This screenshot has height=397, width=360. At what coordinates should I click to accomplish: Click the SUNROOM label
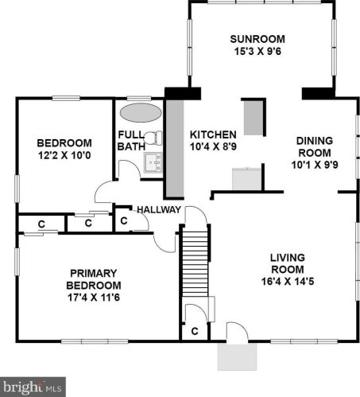point(257,39)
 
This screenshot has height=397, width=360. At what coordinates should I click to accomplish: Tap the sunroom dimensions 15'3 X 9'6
point(257,51)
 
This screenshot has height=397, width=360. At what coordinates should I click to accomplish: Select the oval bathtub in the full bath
point(141,113)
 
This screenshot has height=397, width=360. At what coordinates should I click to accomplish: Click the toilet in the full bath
point(153,138)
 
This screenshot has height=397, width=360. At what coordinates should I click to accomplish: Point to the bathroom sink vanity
point(153,162)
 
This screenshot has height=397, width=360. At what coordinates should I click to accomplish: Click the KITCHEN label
point(213,134)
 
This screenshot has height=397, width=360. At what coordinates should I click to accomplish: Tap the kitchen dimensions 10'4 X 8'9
point(213,146)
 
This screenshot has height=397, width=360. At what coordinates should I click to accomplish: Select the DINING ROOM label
point(315,146)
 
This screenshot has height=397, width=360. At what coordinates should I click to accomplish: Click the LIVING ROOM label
point(288,263)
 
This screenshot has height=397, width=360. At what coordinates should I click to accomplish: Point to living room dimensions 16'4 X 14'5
point(288,281)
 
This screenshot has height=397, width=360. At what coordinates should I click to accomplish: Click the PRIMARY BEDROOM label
point(94,279)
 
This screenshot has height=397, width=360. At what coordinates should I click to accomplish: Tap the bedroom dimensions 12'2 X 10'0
point(64,155)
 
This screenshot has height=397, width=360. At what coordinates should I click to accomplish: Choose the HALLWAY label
point(159,210)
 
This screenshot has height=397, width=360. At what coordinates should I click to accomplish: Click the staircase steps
point(195,264)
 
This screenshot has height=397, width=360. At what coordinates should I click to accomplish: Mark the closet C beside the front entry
point(195,331)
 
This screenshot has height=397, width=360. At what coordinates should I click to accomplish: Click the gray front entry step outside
point(237,356)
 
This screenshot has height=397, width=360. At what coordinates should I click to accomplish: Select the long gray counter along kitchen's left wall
point(175,149)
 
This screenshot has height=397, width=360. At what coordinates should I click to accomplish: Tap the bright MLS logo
point(33,387)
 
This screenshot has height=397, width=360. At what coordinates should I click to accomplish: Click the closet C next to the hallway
point(124,220)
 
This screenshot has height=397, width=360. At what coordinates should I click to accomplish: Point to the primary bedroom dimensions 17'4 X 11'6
point(94,298)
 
